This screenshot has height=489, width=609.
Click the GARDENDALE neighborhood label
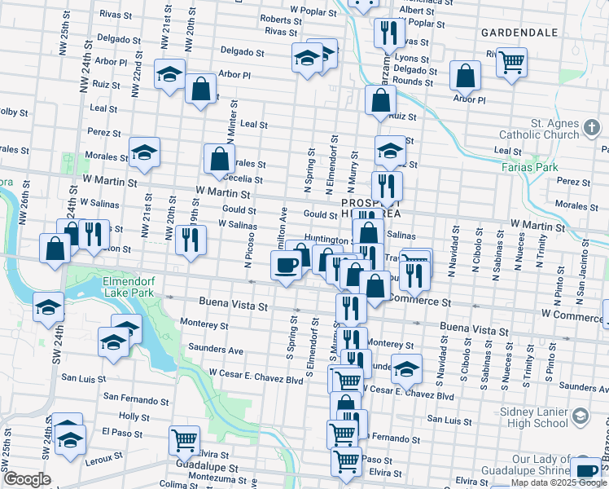pyautogui.click(x=519, y=33)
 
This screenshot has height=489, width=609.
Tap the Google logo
pyautogui.click(x=27, y=479)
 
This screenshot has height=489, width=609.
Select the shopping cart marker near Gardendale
pyautogui.click(x=511, y=60)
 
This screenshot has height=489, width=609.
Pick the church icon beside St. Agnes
pyautogui.click(x=593, y=127)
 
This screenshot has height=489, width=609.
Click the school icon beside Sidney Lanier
pyautogui.click(x=581, y=416)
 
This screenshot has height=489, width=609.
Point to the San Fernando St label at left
pyautogui.click(x=135, y=399)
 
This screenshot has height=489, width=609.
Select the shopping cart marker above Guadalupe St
pyautogui.click(x=185, y=440)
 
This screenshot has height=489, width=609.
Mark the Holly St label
pyautogui.click(x=129, y=416)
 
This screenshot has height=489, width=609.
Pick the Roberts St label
pyautogui.click(x=282, y=20)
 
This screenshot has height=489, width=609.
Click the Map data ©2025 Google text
pyautogui.click(x=559, y=482)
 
